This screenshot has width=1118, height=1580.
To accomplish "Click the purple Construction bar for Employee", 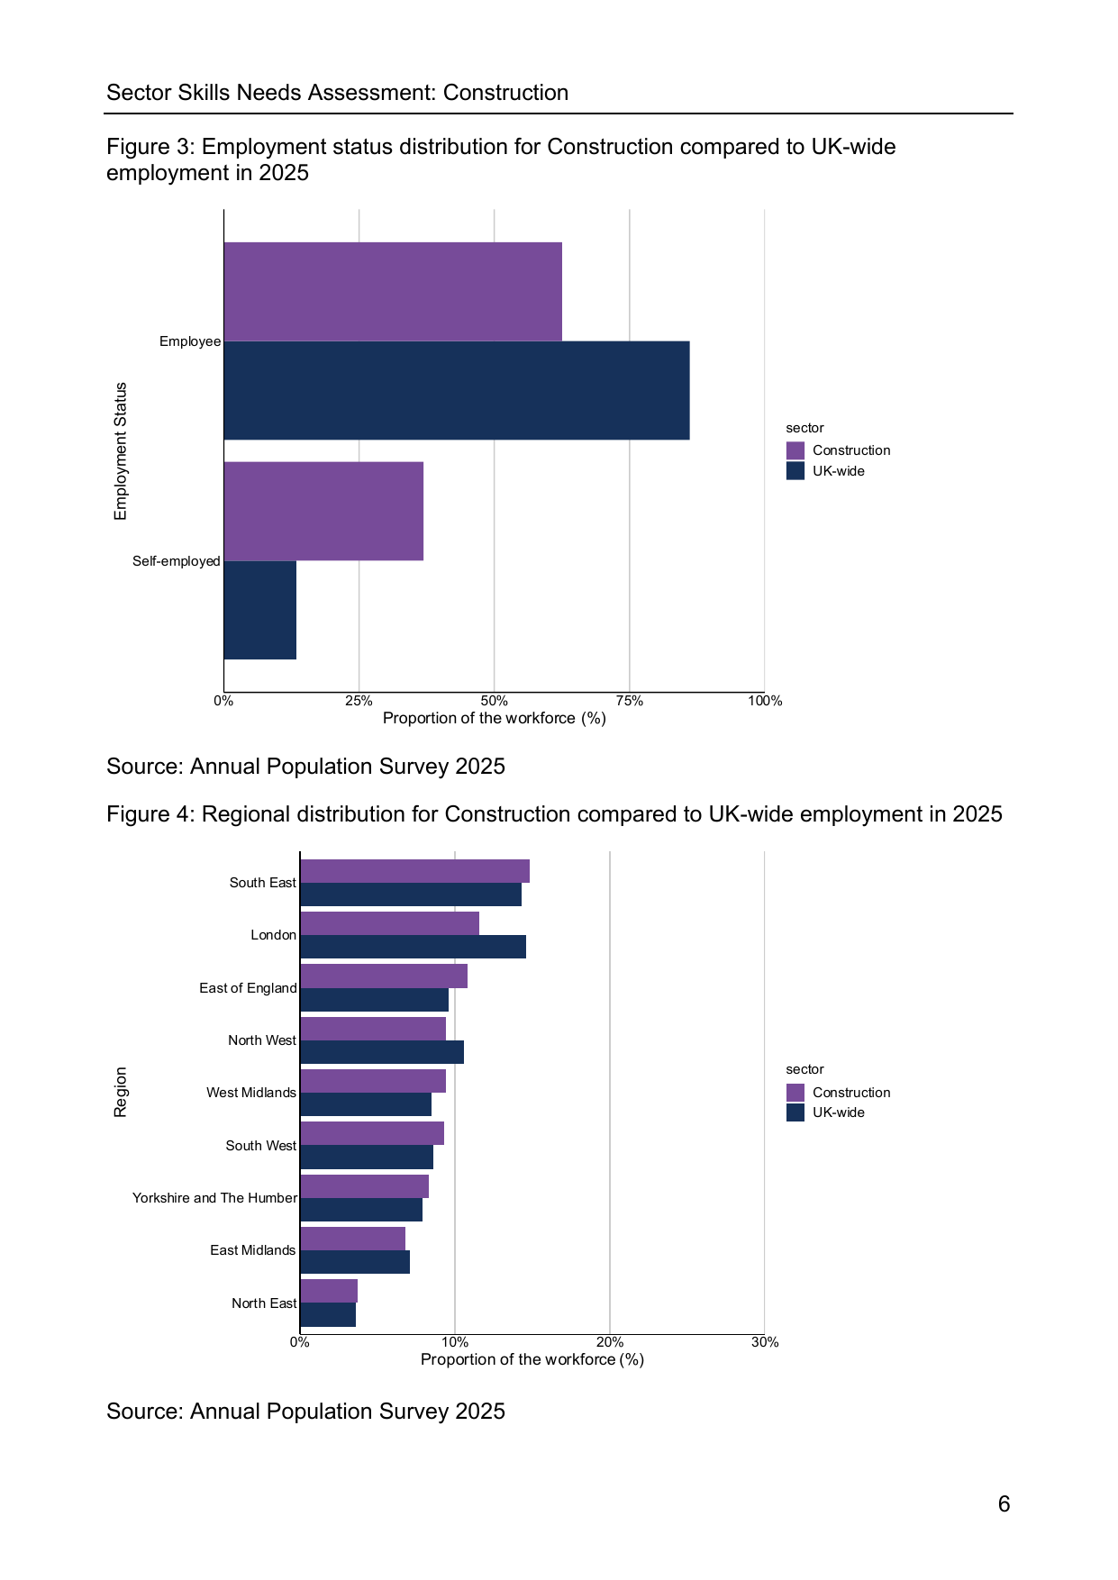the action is (393, 292).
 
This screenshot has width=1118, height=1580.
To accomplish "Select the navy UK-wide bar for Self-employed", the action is (260, 610).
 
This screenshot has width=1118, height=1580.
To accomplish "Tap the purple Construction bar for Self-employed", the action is (323, 512).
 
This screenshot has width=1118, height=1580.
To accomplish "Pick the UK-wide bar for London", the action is (413, 947).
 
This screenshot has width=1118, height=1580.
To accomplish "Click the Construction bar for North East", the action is (329, 1291).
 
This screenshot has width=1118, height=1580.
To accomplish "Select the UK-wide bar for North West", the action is (382, 1052).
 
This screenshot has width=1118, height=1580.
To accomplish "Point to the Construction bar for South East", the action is (414, 871).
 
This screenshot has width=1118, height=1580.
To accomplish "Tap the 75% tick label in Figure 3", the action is (630, 701).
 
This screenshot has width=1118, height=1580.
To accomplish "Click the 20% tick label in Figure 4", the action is (610, 1342).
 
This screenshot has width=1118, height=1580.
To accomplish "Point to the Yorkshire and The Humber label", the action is (214, 1198).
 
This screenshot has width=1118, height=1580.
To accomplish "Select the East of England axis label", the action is (248, 988).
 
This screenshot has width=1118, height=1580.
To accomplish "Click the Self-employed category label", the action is (177, 561).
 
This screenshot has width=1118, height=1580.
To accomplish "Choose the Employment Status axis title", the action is (121, 451).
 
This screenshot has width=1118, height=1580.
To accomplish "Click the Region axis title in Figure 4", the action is (121, 1092).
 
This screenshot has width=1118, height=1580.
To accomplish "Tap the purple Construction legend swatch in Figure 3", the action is (795, 450).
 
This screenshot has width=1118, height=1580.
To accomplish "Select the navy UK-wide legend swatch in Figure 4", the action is (795, 1112).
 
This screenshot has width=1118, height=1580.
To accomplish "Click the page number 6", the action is (1004, 1504).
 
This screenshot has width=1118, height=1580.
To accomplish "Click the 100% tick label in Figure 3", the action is (765, 701).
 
